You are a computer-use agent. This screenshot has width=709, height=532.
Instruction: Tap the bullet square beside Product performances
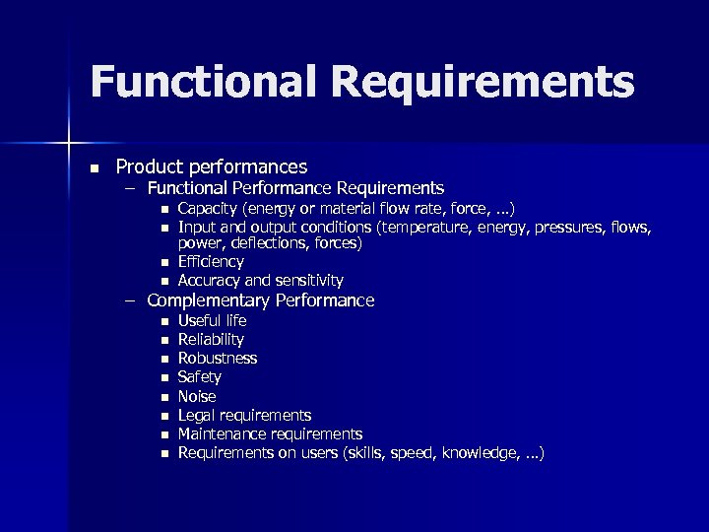point(92,167)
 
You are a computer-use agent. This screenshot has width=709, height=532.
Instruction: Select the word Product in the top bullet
point(150,166)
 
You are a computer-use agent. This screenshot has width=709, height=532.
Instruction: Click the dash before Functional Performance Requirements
point(130,187)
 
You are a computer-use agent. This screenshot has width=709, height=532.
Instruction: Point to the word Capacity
point(209,208)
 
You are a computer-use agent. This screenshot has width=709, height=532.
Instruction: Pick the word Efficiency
point(211,262)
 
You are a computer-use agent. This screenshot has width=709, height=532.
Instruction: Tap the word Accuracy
point(211,280)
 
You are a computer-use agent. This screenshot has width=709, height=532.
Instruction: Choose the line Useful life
point(212,321)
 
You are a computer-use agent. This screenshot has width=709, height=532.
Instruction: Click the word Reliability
point(211,340)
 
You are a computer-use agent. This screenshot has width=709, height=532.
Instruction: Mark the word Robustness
point(218,359)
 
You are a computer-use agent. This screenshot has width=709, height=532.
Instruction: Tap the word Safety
point(199,377)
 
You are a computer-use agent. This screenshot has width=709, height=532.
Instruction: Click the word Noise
point(197,396)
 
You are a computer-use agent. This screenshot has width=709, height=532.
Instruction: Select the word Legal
point(197,415)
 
